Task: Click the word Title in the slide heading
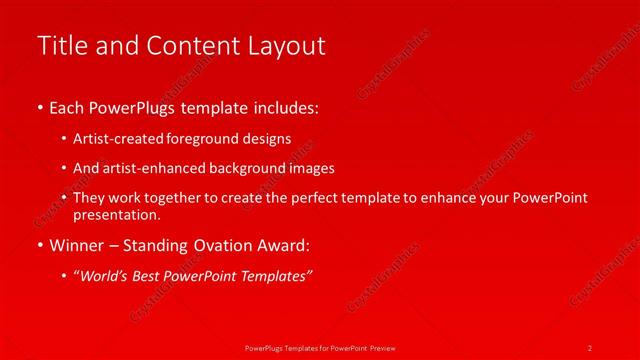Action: [x=59, y=46]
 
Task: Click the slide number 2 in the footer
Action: [x=590, y=347]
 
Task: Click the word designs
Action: [x=268, y=138]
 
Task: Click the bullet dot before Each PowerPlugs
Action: [x=39, y=107]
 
